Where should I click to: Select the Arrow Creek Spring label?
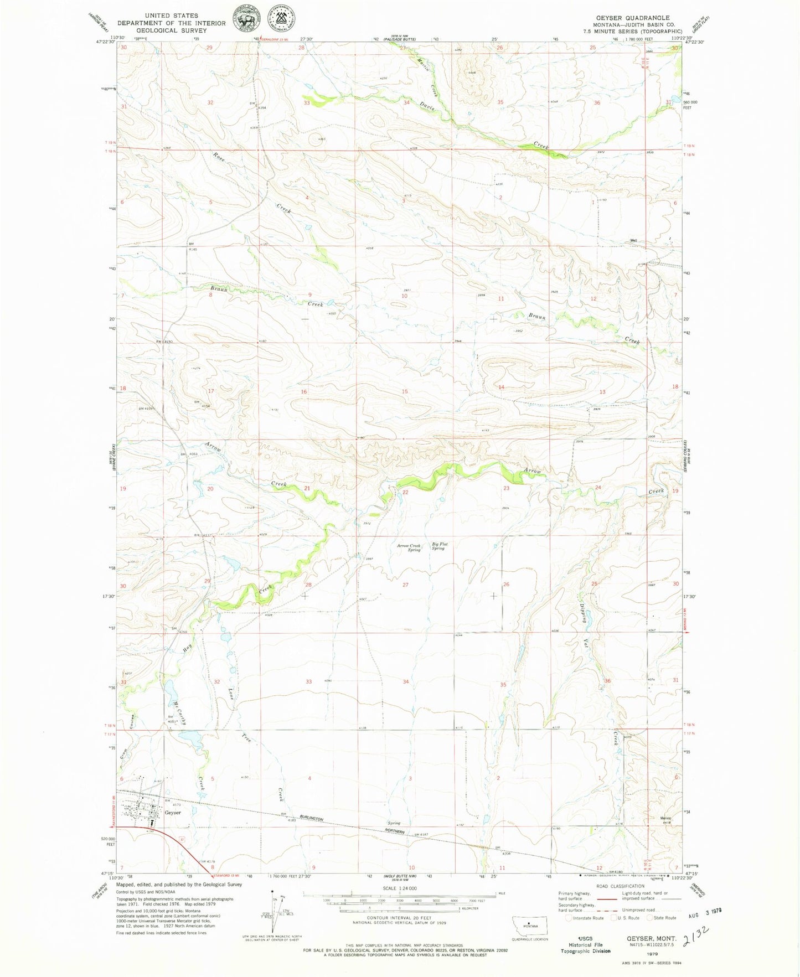[409, 547]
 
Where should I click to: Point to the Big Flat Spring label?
[438, 546]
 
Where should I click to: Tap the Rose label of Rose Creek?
[218, 156]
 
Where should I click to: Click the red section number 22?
[405, 492]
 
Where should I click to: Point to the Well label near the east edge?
[632, 241]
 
